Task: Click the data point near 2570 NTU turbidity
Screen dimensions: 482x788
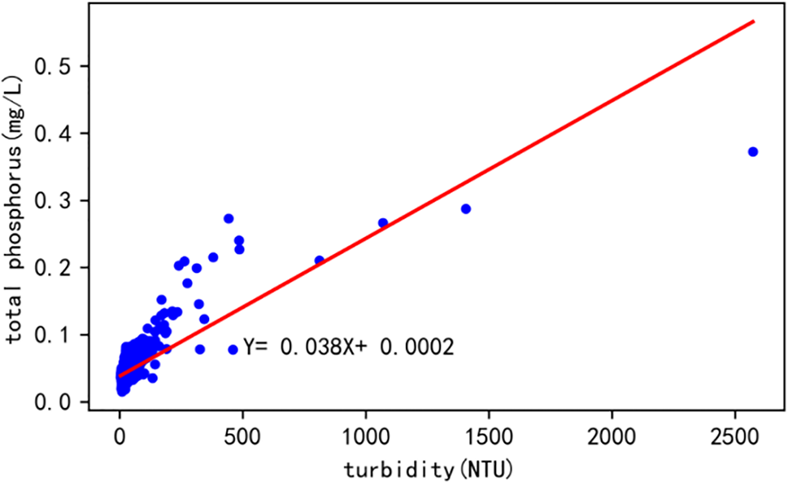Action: [x=753, y=151]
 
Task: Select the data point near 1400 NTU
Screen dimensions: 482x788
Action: [x=466, y=208]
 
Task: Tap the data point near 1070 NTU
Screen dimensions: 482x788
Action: [x=383, y=222]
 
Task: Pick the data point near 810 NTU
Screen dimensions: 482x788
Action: [x=320, y=261]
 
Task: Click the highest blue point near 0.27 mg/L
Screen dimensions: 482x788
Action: [x=229, y=218]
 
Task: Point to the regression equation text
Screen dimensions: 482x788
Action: [x=348, y=348]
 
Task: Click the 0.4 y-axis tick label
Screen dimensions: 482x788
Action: [x=67, y=134]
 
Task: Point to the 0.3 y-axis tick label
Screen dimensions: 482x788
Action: [x=67, y=200]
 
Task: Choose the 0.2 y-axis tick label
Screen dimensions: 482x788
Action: [x=67, y=268]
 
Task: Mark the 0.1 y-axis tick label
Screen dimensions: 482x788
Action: [x=67, y=335]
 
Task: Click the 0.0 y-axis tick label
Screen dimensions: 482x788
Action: [x=67, y=402]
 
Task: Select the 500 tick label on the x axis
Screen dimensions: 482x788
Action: [x=243, y=436]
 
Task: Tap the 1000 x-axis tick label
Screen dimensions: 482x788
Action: [x=366, y=436]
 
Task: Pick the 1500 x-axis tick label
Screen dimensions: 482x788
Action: [x=489, y=436]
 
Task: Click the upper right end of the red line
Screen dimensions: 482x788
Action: [x=754, y=21]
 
